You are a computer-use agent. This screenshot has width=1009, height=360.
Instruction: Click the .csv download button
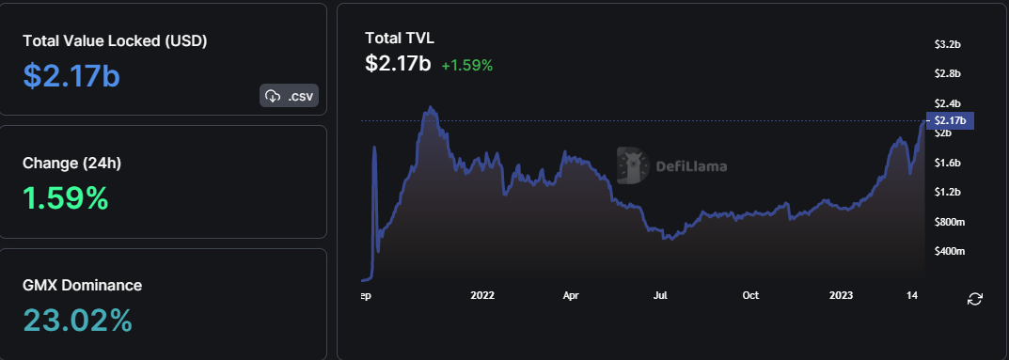(x=289, y=95)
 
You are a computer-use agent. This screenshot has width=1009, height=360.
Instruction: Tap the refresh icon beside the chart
(x=975, y=299)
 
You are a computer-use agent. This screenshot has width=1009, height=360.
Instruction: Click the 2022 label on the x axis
(x=482, y=295)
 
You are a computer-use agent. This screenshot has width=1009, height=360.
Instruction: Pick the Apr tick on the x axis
(x=571, y=295)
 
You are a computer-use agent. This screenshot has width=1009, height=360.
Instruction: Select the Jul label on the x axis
(x=660, y=295)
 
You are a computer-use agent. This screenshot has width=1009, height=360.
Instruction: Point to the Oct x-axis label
(x=750, y=295)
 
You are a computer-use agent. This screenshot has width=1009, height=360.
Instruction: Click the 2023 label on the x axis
(x=841, y=295)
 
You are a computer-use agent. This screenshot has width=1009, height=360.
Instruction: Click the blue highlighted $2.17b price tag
(x=952, y=120)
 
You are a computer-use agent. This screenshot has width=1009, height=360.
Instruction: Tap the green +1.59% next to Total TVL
(x=466, y=66)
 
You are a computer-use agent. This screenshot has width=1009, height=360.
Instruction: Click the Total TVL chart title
(x=400, y=38)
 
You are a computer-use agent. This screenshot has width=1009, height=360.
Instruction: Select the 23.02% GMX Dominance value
(x=77, y=321)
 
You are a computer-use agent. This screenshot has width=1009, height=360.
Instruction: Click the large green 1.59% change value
(x=65, y=197)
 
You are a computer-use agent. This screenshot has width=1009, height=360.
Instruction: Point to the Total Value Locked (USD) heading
(x=115, y=41)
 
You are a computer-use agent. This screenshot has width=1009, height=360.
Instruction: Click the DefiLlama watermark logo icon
(x=633, y=164)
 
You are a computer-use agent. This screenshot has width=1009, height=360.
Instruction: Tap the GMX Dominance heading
(x=82, y=285)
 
